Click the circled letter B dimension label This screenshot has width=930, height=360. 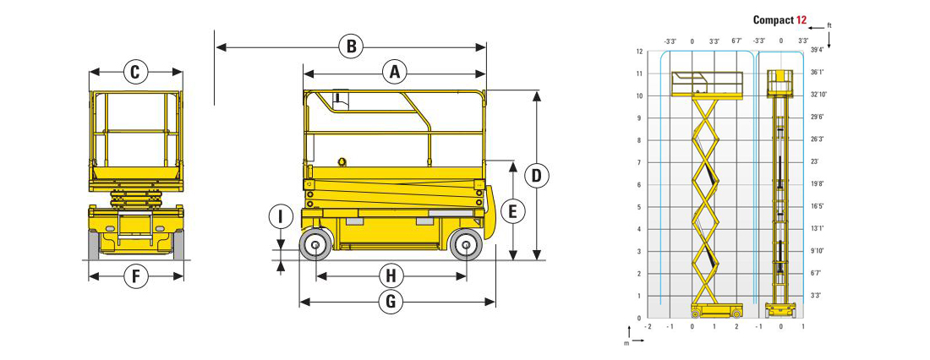tap(351, 46)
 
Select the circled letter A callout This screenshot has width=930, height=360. tap(395, 73)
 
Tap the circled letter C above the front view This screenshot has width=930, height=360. tap(135, 72)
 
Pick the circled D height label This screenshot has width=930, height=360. tap(537, 176)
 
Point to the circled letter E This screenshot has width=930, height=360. tap(513, 210)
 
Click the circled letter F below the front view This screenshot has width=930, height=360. tap(136, 275)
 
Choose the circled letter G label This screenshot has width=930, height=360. tap(391, 302)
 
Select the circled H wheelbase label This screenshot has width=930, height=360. tap(391, 275)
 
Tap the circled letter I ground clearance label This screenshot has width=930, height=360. tap(281, 217)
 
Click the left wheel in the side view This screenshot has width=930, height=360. tap(315, 245)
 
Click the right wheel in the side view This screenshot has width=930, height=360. tap(466, 245)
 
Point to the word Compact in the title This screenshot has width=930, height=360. tap(773, 20)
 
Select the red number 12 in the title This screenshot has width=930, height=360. tap(801, 20)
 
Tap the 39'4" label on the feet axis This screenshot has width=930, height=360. tap(818, 50)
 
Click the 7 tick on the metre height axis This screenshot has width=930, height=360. tap(639, 162)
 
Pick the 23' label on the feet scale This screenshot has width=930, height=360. tap(815, 161)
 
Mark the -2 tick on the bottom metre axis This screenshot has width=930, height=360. tap(648, 327)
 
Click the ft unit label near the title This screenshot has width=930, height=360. tap(829, 26)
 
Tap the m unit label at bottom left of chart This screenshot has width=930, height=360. tap(626, 343)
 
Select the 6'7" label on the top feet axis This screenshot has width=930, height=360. tap(736, 41)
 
